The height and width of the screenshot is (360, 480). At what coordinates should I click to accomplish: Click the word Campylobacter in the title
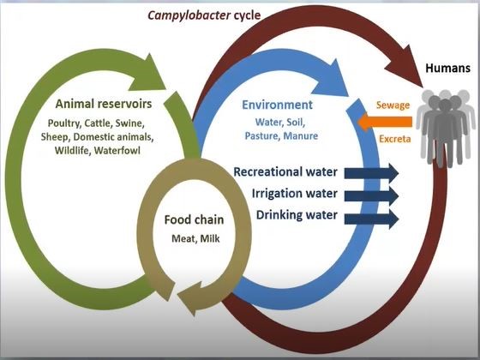point(189,15)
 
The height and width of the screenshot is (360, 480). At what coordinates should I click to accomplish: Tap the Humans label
point(447,68)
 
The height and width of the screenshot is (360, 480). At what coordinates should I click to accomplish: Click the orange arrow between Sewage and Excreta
point(385,122)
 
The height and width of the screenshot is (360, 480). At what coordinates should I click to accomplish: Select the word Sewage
point(393,105)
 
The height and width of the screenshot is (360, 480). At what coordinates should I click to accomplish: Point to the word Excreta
point(395,139)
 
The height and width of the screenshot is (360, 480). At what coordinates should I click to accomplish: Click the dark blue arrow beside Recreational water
point(371,173)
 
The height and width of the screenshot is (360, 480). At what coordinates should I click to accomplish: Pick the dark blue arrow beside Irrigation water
point(371,195)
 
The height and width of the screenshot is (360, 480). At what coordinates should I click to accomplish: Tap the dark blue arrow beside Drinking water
point(371,219)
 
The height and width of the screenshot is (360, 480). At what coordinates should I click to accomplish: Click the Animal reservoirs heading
point(104,104)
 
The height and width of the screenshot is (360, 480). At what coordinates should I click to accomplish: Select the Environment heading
point(277,105)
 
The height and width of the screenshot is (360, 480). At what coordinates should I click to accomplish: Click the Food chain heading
point(194,219)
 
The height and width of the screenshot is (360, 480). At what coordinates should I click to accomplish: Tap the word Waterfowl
point(117,150)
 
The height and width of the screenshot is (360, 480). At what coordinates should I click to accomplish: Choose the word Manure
point(301,135)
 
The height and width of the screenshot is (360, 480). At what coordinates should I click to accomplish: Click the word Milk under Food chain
point(210,238)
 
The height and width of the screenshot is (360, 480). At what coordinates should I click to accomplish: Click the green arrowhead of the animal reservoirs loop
point(147,75)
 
